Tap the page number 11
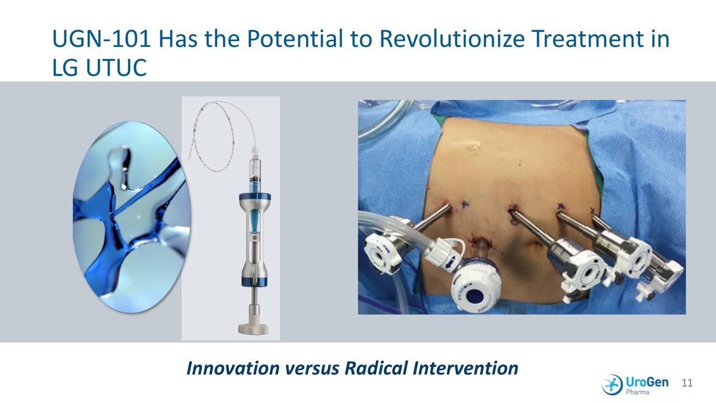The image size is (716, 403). [687, 383]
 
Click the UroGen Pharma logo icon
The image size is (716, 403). [612, 384]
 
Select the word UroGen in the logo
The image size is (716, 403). [647, 381]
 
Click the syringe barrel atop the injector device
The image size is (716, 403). [255, 171]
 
